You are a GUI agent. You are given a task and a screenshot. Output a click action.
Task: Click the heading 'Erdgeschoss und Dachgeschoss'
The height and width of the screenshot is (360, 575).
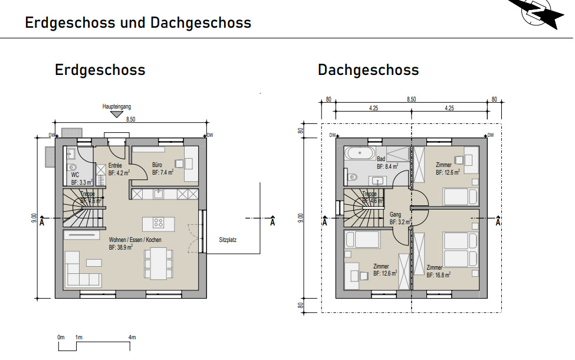click(138, 23)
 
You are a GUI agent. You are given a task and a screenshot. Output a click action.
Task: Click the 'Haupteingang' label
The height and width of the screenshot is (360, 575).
click(116, 107)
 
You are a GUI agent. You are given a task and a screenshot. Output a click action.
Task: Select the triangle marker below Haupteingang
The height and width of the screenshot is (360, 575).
click(117, 114)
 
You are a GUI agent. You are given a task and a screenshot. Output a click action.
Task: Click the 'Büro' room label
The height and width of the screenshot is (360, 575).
click(157, 165)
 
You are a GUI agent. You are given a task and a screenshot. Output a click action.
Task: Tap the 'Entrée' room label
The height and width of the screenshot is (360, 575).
click(115, 166)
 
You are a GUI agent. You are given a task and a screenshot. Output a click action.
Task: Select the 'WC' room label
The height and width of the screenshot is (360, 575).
click(75, 175)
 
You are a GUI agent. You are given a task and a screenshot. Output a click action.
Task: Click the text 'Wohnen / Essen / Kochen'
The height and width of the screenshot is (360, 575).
click(134, 240)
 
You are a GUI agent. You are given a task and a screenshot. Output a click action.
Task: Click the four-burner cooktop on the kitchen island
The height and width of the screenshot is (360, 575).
click(159, 223)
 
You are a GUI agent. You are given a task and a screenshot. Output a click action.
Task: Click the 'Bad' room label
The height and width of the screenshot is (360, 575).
click(382, 159)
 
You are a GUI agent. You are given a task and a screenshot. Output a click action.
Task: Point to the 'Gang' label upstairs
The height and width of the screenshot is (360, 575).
click(395, 215)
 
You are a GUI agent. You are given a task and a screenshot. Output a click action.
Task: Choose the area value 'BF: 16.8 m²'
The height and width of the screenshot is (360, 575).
click(439, 275)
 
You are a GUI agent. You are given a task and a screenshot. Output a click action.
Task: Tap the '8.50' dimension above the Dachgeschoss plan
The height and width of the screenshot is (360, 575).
click(411, 100)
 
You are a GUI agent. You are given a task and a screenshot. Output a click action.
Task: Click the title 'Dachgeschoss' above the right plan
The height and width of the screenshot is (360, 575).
click(368, 70)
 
